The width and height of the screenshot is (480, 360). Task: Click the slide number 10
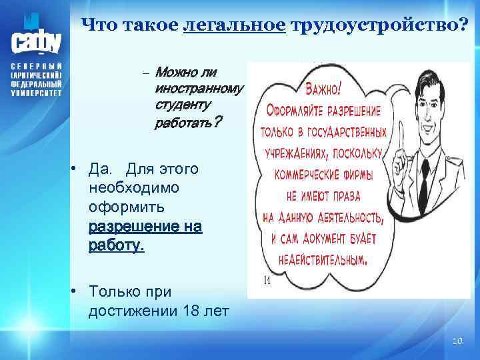tap(457, 341)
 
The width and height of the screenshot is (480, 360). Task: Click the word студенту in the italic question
tap(182, 105)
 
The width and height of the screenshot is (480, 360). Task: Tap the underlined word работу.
tap(115, 245)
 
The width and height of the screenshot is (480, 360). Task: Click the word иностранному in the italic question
tap(199, 88)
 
